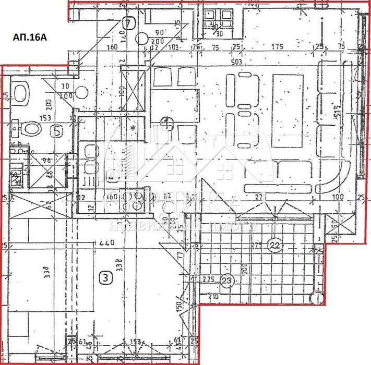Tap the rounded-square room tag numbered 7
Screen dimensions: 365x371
pos(129,23)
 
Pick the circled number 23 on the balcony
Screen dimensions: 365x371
pos(229,280)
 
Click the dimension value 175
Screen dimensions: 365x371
pos(277,47)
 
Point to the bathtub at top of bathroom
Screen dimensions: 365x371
pos(21,94)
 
